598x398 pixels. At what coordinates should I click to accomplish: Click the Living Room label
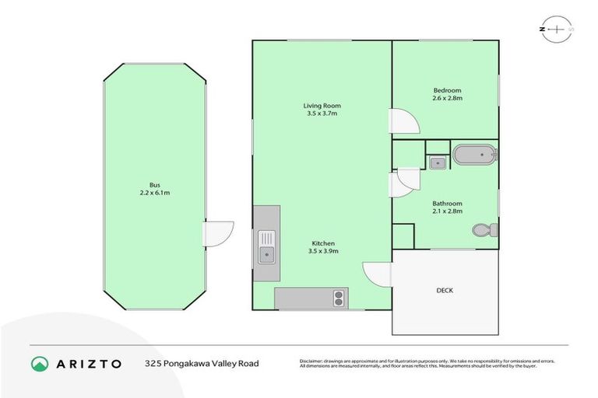[322, 106]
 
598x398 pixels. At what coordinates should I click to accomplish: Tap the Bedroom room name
[447, 91]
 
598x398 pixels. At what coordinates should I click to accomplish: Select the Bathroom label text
[447, 204]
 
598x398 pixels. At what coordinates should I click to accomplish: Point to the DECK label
[445, 291]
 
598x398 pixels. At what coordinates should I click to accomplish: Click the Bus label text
[154, 185]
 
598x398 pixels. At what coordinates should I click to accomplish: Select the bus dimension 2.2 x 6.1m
[154, 193]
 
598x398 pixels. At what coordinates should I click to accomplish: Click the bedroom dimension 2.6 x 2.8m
[447, 99]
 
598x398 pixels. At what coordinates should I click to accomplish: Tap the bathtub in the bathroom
[474, 155]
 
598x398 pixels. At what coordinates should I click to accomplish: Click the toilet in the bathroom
[484, 230]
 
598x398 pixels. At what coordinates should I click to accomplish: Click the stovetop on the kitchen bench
[339, 297]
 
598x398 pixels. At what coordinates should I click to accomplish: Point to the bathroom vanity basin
[438, 162]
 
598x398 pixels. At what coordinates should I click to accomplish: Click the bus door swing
[219, 233]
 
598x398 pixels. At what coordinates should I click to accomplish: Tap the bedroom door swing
[404, 120]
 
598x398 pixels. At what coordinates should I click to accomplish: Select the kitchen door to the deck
[378, 274]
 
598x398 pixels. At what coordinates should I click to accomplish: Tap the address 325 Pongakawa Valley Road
[202, 363]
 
